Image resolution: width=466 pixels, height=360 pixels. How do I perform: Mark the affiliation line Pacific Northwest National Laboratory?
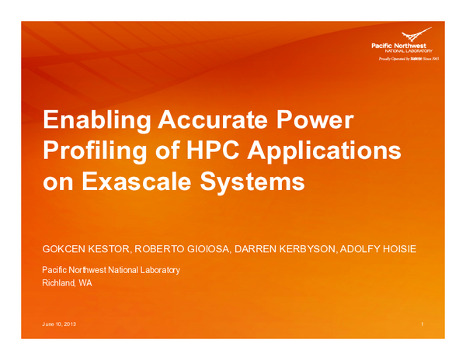[x=111, y=270]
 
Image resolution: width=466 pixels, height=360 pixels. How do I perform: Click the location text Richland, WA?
[x=67, y=283]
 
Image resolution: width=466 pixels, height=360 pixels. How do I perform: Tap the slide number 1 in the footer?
[x=419, y=323]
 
